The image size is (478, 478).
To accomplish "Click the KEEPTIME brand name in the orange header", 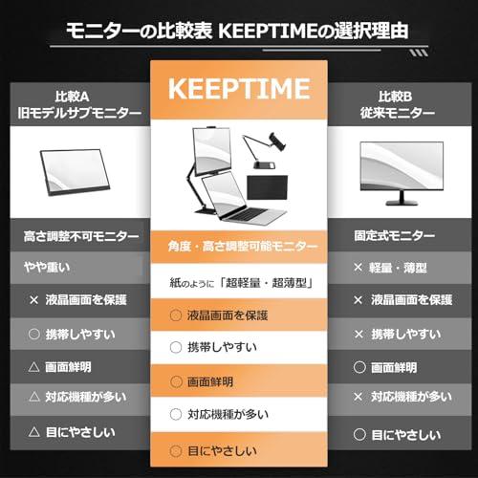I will pyautogui.click(x=238, y=89).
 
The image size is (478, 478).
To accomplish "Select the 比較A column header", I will pyautogui.click(x=77, y=98).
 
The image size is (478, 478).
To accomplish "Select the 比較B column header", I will pyautogui.click(x=401, y=98).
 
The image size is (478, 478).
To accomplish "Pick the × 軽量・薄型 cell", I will pyautogui.click(x=393, y=268).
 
